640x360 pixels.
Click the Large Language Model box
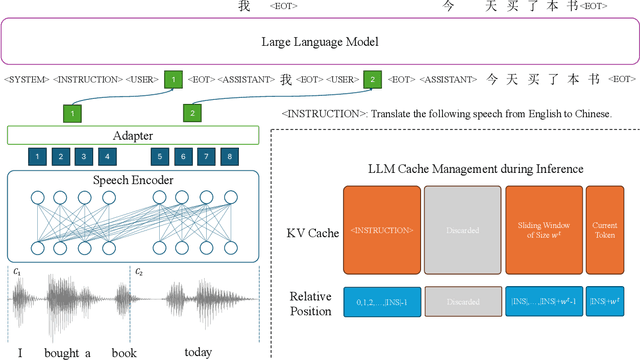click(x=320, y=42)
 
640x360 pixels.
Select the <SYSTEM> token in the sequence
click(x=26, y=79)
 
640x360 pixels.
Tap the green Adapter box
click(x=133, y=135)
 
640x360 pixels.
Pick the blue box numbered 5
click(x=159, y=156)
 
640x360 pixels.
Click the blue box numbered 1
click(x=37, y=156)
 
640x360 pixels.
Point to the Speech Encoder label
click(x=133, y=181)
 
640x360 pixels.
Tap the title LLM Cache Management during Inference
click(x=476, y=168)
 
